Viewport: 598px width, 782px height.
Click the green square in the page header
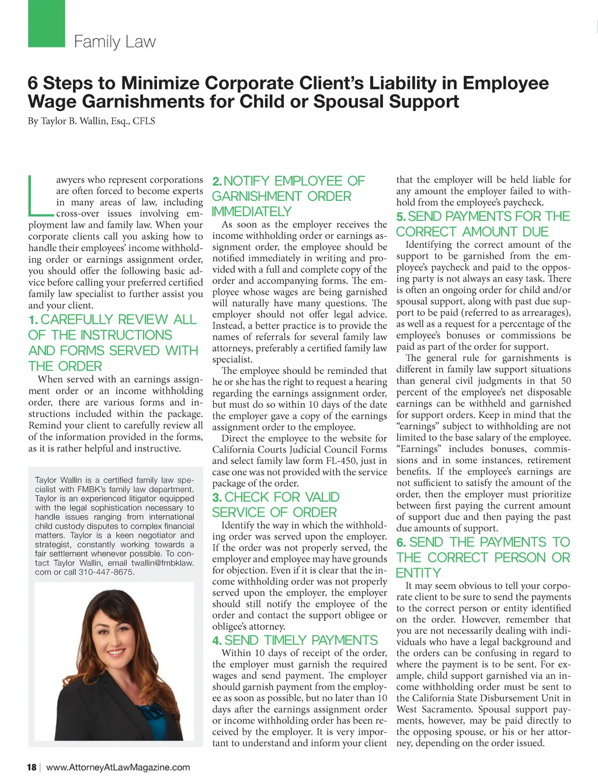click(x=47, y=23)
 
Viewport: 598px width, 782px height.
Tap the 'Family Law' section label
click(x=114, y=42)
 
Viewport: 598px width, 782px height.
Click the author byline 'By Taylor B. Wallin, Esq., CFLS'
click(x=91, y=121)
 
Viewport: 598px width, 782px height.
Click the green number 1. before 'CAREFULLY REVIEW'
click(x=33, y=320)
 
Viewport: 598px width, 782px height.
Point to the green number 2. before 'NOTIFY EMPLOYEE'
click(x=217, y=182)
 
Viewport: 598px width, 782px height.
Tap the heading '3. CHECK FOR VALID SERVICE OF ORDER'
click(x=274, y=505)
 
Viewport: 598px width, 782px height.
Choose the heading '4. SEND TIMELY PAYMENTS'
click(x=295, y=640)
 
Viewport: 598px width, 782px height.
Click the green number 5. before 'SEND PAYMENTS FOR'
click(x=401, y=217)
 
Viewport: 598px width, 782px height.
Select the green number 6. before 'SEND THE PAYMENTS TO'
click(x=401, y=543)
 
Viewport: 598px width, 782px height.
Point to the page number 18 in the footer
click(x=32, y=767)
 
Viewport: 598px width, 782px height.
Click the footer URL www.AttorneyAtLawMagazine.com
click(x=118, y=767)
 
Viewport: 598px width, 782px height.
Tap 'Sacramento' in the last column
click(x=451, y=710)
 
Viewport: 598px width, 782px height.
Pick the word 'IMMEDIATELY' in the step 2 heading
click(x=251, y=211)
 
